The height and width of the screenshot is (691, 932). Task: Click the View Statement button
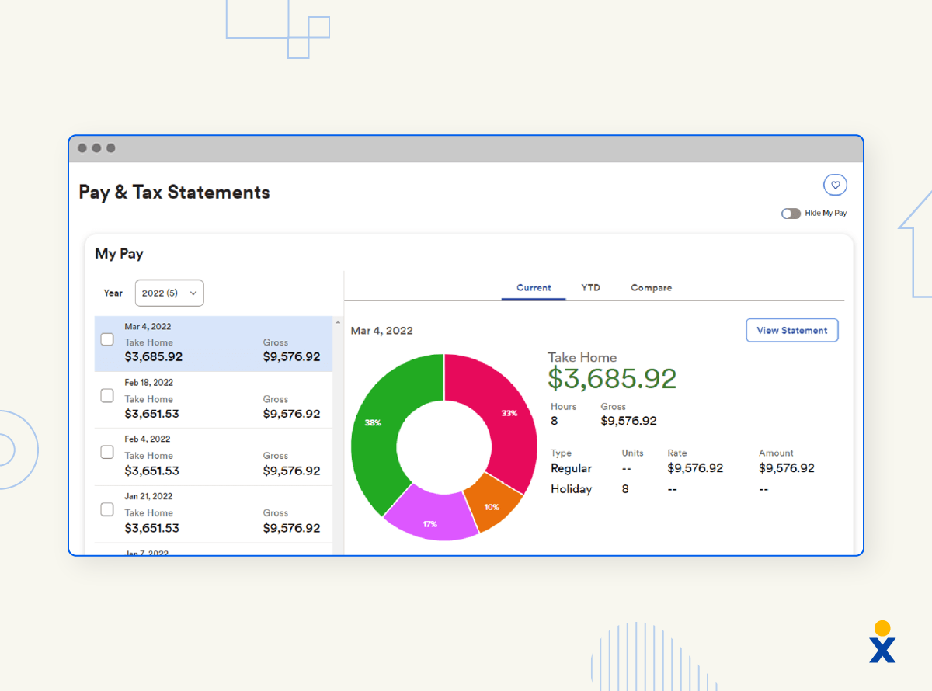coord(791,330)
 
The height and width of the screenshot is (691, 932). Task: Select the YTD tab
coord(590,287)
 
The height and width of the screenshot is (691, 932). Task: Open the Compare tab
coord(651,287)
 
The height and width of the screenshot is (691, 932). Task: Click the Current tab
coord(534,287)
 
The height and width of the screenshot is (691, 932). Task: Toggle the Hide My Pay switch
coord(791,213)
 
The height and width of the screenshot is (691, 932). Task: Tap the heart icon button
coord(835,185)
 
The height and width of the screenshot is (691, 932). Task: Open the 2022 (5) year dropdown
coord(169,293)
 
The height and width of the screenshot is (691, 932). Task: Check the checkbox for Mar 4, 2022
coord(107,339)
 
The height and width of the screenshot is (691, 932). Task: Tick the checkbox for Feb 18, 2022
coord(107,396)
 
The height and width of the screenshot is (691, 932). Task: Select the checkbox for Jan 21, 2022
coord(107,510)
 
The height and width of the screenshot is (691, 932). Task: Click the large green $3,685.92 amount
coord(612,378)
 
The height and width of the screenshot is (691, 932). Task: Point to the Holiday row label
coord(571,489)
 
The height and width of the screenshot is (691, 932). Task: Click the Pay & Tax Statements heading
coord(174,192)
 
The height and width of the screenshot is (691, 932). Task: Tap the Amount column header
coord(776,453)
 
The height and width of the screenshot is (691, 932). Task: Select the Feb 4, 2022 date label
coord(148,439)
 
